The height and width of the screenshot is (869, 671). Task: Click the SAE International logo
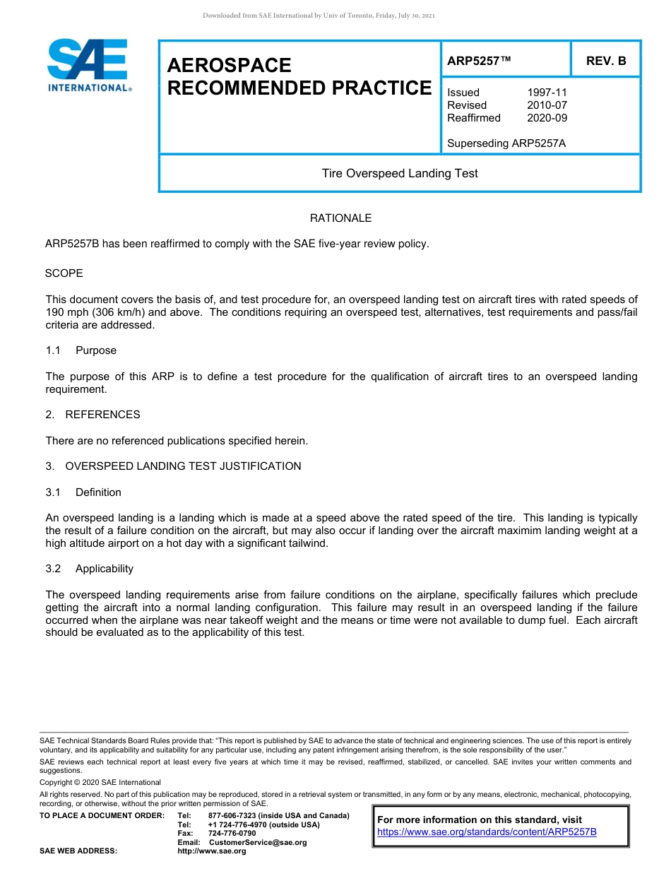coord(88,65)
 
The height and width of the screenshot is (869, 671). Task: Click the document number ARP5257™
coord(479,61)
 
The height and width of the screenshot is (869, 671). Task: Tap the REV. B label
coord(605,61)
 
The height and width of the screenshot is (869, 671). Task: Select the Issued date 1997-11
coord(547,93)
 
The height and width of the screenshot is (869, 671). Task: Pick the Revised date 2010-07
coord(547,105)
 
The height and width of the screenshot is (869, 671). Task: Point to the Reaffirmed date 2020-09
coord(547,118)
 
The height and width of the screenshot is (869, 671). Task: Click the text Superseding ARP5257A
coord(506,143)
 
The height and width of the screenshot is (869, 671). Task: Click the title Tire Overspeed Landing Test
coord(400,173)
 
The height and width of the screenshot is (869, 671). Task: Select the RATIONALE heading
coord(340,218)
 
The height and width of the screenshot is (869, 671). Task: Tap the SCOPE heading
coord(64,273)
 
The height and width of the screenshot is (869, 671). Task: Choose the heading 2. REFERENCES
coord(93,415)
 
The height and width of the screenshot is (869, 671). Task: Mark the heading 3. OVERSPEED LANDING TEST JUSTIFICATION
coord(174,466)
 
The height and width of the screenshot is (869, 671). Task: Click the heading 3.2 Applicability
coord(90,569)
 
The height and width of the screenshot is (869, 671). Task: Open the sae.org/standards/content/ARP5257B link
coord(487,832)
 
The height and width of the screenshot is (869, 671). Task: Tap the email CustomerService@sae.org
coord(258,842)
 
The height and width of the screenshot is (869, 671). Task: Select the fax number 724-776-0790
coord(232,834)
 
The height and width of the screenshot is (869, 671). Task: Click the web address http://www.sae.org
coord(212,851)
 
